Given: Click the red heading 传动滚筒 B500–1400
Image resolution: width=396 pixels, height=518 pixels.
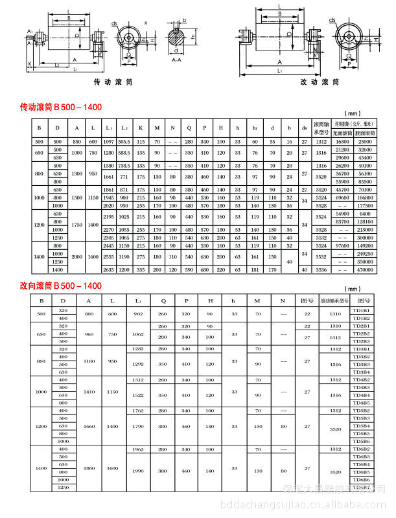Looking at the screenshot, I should pos(61,106).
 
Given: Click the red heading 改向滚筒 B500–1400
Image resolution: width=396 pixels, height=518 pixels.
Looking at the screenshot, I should pos(61,285).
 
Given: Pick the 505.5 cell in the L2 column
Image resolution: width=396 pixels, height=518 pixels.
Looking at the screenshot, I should pos(124,141).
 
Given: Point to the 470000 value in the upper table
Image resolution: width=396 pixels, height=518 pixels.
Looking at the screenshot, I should pos(365,269).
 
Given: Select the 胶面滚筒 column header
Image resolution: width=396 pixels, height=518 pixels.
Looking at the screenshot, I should pos(365,132).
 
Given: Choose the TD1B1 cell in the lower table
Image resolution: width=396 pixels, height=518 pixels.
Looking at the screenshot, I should pos(361,311).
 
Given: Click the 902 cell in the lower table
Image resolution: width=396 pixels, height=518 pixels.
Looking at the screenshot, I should pos(137,315).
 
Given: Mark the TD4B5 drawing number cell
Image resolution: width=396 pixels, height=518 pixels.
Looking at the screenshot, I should pos(361,403).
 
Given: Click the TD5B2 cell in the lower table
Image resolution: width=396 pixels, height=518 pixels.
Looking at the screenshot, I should pos(361,411).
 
